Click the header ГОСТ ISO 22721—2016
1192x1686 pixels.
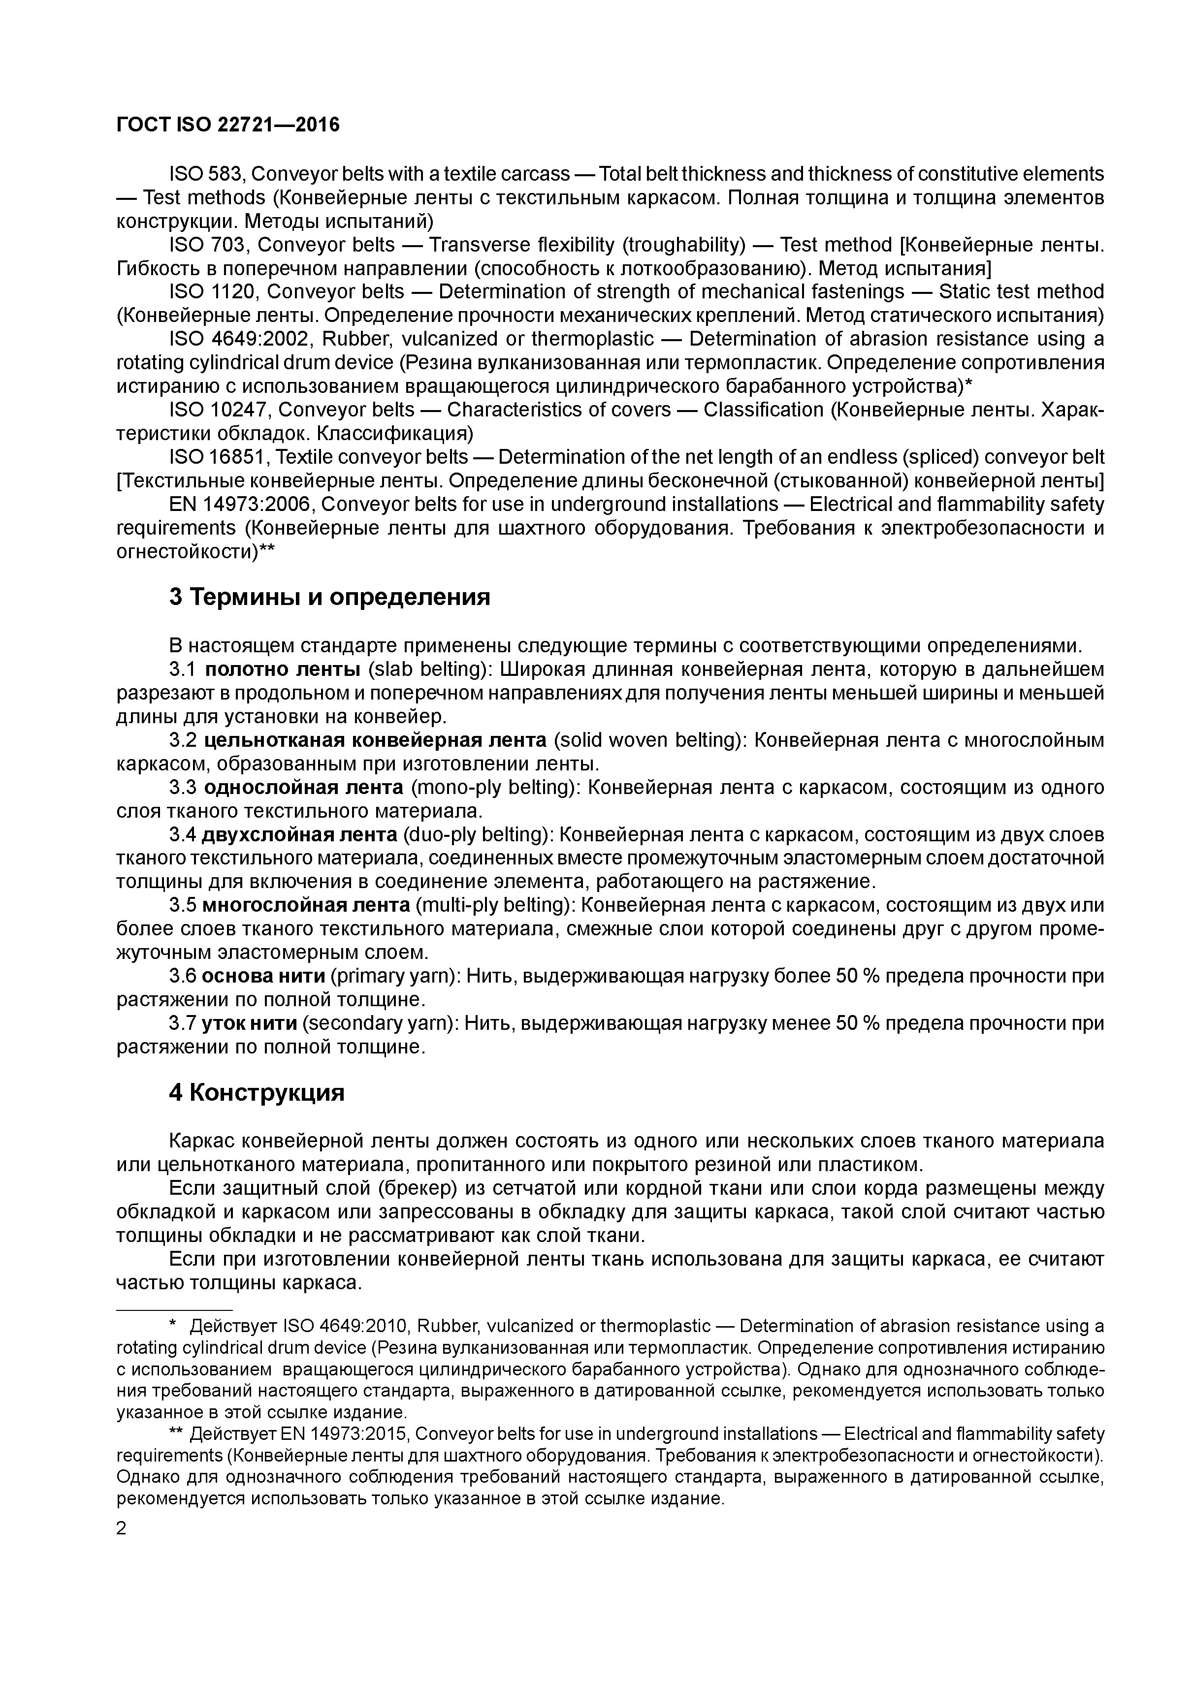(228, 125)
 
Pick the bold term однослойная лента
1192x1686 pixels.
(303, 787)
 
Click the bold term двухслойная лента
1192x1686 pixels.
(300, 835)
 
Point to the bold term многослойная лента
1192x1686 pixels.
(306, 905)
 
